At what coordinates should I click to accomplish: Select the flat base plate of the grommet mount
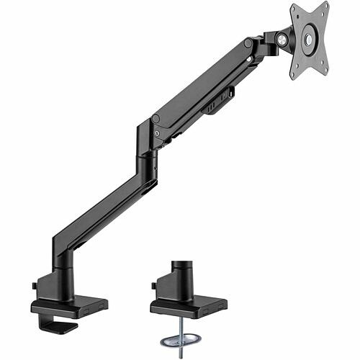click(189, 305)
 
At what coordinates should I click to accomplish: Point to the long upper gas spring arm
click(202, 83)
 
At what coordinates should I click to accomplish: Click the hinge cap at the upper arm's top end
click(248, 43)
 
